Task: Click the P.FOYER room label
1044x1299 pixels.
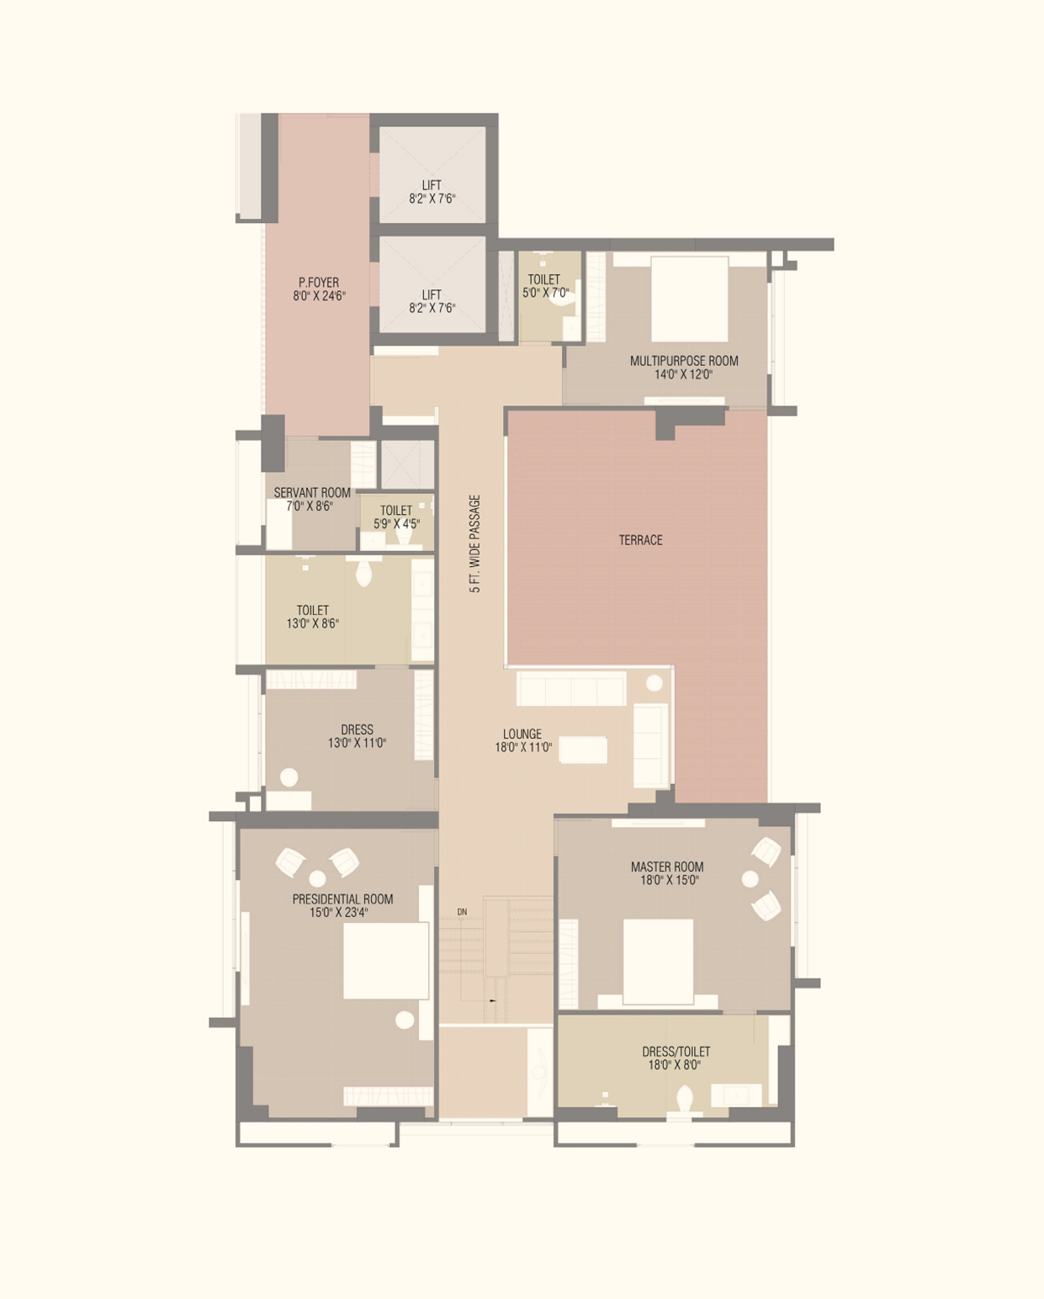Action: (319, 283)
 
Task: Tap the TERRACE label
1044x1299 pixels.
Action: (641, 540)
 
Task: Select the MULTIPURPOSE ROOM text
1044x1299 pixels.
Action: (684, 361)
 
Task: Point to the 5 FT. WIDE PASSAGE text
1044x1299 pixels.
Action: (475, 543)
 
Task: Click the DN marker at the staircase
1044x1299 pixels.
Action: (462, 911)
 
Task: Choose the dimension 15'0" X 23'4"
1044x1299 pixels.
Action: (339, 913)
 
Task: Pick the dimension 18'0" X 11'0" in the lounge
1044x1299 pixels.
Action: (523, 747)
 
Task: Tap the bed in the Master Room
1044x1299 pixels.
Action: (658, 962)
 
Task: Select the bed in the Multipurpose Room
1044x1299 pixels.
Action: (690, 300)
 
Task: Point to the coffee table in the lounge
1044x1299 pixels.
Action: (583, 750)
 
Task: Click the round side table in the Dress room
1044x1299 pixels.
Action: (289, 777)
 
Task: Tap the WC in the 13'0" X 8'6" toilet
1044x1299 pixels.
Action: (363, 573)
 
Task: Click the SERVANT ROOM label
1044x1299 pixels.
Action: (312, 492)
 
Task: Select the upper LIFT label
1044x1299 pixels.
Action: (432, 185)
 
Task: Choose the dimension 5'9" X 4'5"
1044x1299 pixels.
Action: (396, 524)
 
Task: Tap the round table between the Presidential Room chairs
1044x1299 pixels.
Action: (318, 878)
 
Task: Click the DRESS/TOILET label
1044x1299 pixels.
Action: (676, 1052)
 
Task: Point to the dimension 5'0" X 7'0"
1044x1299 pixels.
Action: (546, 293)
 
